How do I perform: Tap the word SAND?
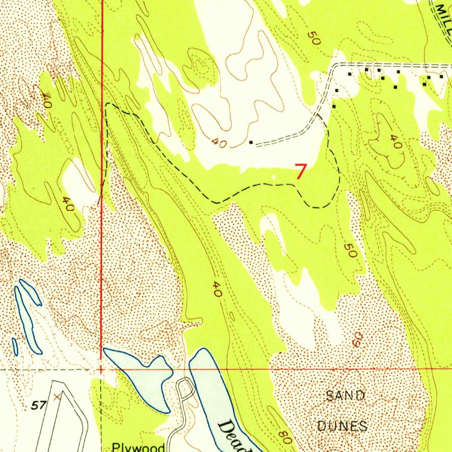tap(345, 395)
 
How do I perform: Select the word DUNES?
tap(343, 426)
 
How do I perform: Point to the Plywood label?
tap(138, 447)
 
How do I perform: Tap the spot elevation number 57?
tap(39, 405)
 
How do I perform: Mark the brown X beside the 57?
tap(56, 397)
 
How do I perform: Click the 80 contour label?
tap(285, 437)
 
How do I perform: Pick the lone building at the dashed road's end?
tap(251, 143)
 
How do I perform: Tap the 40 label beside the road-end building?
tap(219, 143)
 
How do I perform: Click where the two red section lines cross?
tap(102, 369)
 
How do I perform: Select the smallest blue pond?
tap(15, 347)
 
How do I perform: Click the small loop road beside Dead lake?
tap(185, 388)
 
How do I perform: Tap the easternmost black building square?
tap(441, 77)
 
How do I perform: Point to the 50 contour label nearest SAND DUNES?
tap(351, 252)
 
